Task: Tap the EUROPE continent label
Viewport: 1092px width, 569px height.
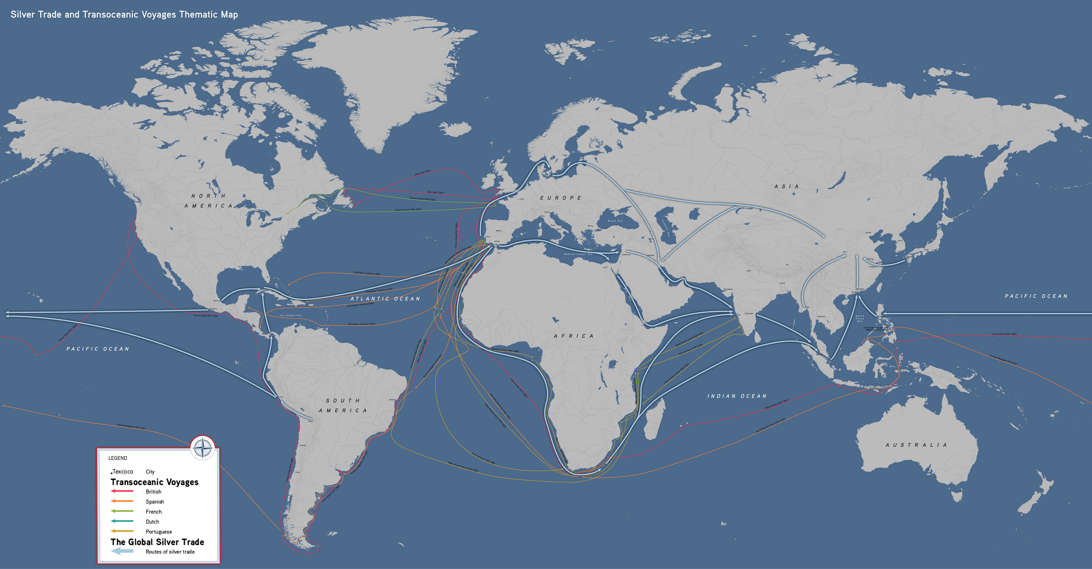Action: [560, 198]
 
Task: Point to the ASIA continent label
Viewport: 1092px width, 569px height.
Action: [786, 187]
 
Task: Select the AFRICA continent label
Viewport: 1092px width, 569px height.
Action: [574, 336]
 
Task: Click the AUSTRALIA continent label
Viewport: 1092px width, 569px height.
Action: [916, 445]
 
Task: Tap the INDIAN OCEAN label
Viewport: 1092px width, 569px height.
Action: [737, 396]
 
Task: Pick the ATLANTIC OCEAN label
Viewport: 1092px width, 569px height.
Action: [385, 299]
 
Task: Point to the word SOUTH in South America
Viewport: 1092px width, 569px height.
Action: [342, 401]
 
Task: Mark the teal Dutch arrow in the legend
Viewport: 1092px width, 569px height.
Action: [122, 521]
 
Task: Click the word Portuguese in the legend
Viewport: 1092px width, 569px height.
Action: [159, 532]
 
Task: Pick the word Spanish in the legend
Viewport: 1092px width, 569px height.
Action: [155, 502]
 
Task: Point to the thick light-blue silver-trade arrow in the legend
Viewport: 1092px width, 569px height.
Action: [122, 551]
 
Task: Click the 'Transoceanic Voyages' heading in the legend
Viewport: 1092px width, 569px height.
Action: [154, 482]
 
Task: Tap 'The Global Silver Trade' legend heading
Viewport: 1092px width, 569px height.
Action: [157, 542]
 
